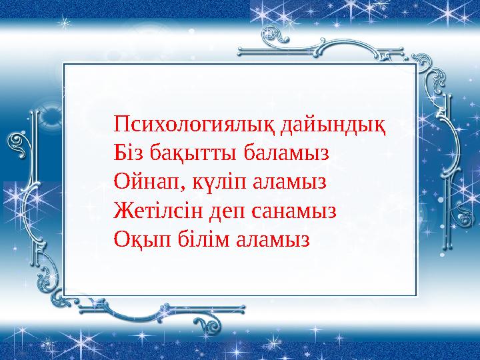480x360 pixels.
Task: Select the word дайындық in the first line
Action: point(334,124)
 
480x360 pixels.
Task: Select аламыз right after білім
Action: point(273,239)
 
